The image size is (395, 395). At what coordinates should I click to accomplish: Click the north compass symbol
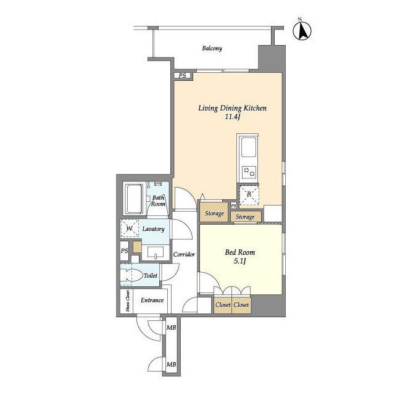point(302,30)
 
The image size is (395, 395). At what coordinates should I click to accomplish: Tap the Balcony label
point(212,48)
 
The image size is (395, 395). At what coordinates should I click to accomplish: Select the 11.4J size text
point(232,117)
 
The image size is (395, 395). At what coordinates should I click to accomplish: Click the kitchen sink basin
point(249,147)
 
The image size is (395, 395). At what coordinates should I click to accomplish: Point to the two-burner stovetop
point(249,172)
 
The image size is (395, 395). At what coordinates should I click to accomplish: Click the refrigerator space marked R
point(249,195)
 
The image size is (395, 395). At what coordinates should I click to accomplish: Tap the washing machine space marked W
point(130,228)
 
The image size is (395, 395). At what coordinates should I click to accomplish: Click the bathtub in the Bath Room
point(134,199)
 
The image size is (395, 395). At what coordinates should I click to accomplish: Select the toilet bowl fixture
point(131,275)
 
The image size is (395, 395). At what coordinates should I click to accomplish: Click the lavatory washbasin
point(156,252)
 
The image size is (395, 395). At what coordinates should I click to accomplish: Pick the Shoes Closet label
point(128,301)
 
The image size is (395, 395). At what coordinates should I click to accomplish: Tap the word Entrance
point(152,301)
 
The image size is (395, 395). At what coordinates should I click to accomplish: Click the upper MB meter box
point(172,328)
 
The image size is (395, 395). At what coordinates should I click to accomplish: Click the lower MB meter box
point(172,364)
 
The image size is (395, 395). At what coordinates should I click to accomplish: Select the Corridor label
point(184,254)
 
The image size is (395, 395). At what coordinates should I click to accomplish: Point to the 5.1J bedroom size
point(240,261)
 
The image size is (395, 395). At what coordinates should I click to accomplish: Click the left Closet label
point(223,305)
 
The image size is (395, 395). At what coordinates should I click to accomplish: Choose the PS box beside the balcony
point(183,75)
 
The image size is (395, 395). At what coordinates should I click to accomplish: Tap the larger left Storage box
point(214,212)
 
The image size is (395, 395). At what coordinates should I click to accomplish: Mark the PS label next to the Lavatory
point(125,251)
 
